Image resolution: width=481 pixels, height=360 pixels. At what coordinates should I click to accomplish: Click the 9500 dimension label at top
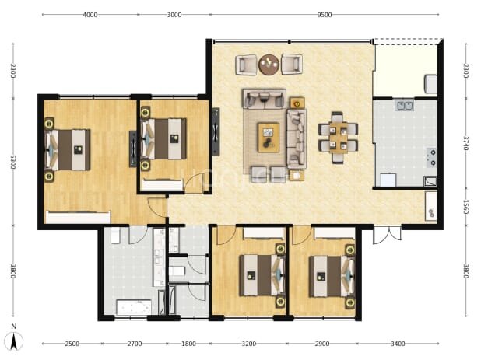tap(325, 15)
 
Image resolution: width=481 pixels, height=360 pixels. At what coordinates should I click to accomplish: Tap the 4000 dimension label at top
tap(90, 15)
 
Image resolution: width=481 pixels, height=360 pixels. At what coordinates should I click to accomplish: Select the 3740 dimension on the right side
tap(465, 143)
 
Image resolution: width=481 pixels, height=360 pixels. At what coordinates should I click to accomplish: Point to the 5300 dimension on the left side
tap(13, 162)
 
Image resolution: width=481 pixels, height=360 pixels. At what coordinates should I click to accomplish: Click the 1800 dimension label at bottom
tap(188, 344)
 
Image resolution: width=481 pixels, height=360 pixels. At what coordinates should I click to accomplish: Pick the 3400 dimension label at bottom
tap(398, 344)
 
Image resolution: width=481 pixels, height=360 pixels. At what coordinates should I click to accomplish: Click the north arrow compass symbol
tap(14, 338)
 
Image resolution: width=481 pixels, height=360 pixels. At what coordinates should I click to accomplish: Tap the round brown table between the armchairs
tap(269, 65)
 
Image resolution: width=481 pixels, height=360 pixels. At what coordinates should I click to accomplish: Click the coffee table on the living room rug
tap(269, 138)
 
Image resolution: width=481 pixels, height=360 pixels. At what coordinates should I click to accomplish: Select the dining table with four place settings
tap(338, 138)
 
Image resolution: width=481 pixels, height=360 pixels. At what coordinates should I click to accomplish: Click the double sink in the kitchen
tap(404, 106)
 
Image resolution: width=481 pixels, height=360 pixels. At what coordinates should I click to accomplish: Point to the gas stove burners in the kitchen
tap(432, 157)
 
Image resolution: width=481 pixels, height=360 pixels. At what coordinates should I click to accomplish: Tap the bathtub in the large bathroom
tap(134, 307)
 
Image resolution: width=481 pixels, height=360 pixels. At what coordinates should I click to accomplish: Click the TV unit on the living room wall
tap(216, 131)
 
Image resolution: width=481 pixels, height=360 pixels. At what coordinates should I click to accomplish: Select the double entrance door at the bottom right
tap(388, 236)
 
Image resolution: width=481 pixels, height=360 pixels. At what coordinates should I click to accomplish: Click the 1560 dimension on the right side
tap(465, 207)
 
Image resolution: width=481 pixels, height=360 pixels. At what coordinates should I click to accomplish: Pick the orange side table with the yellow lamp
tap(297, 103)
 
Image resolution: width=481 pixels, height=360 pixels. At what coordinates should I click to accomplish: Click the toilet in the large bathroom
tap(115, 236)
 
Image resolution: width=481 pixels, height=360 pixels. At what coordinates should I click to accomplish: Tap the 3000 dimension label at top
tap(174, 15)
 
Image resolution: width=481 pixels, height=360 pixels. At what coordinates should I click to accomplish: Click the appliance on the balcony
tap(430, 84)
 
